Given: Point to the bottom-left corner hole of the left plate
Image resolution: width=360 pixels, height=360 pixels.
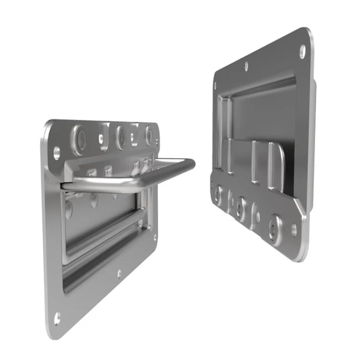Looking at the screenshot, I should [x=57, y=317].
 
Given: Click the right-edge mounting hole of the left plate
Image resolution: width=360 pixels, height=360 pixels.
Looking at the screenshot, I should [x=155, y=238].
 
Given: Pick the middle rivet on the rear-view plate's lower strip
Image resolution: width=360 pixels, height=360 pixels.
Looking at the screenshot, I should [x=241, y=205].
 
